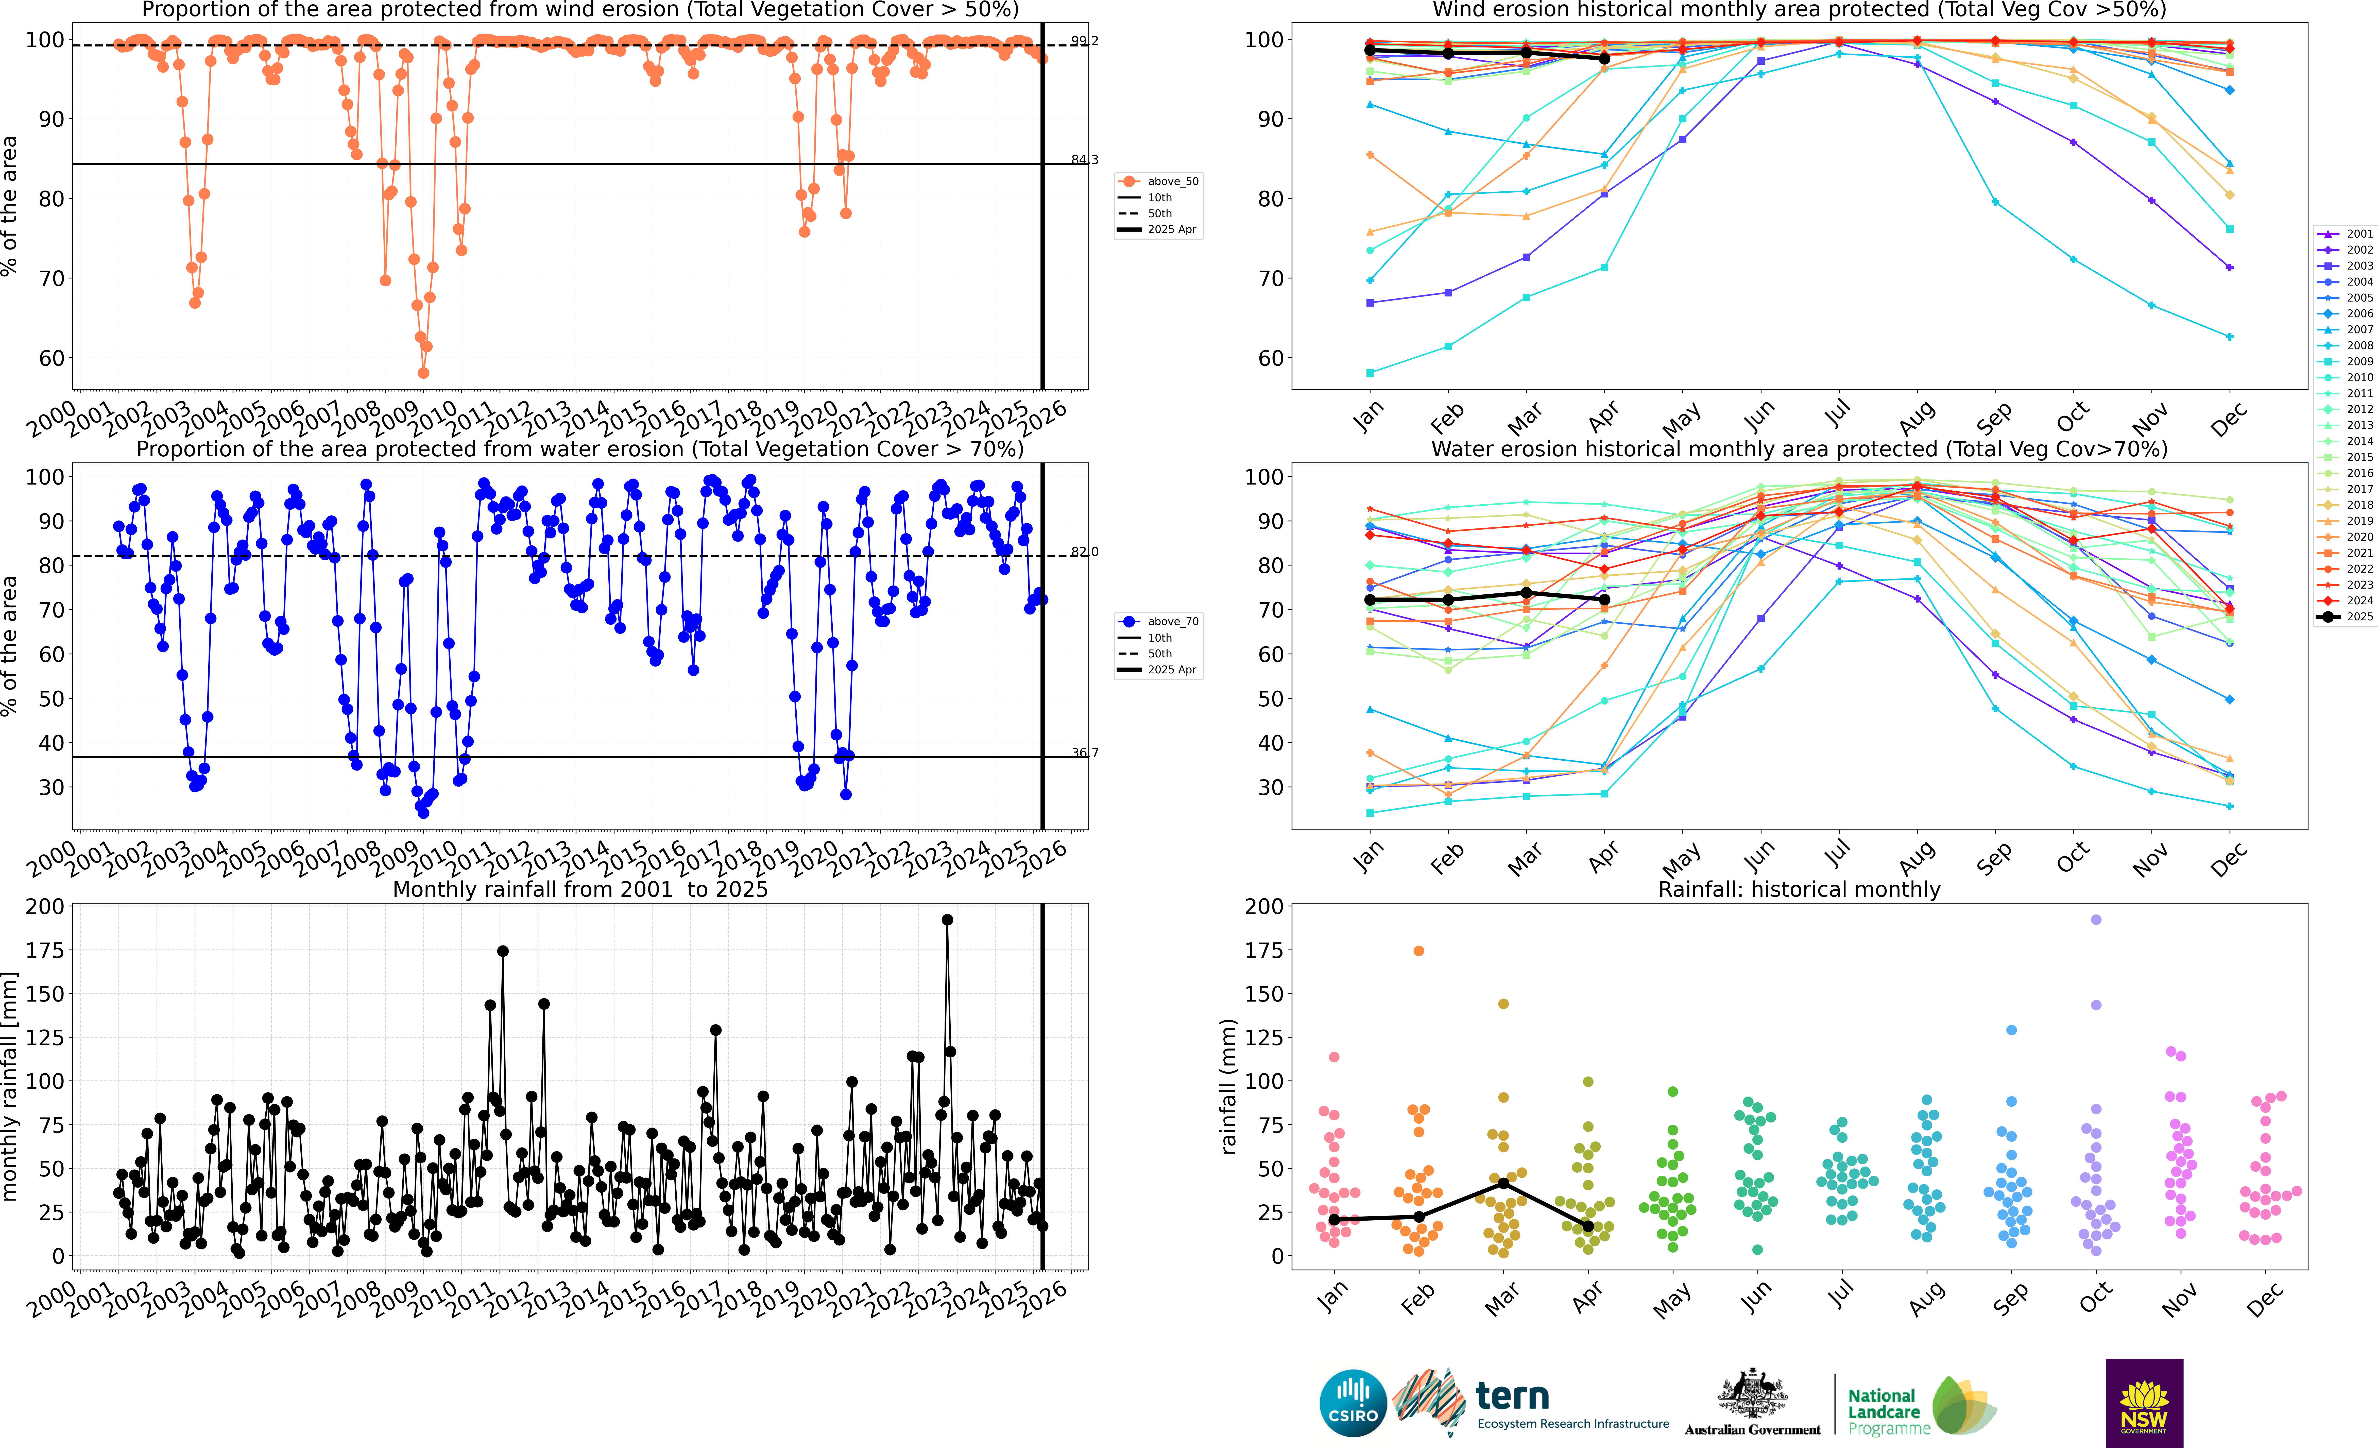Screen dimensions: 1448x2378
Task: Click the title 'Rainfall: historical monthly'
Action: [x=1799, y=889]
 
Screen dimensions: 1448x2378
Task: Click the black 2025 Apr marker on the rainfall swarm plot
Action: [x=1588, y=1226]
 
